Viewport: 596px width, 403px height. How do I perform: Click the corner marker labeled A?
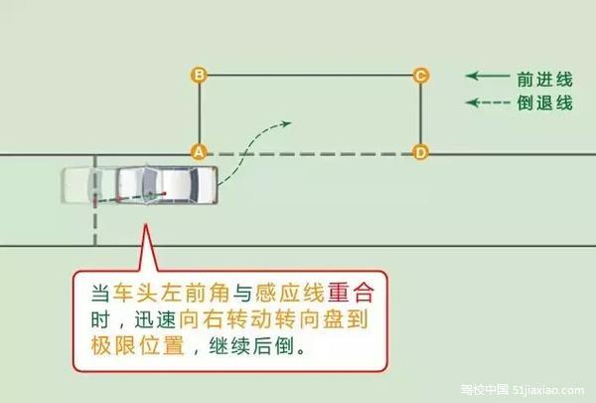point(199,152)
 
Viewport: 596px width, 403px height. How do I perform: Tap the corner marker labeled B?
point(199,75)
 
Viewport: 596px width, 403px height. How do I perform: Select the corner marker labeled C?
point(421,76)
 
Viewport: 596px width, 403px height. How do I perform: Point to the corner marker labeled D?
point(421,153)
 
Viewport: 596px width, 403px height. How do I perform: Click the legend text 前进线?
point(544,80)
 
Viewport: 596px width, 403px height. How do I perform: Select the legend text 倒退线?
point(544,102)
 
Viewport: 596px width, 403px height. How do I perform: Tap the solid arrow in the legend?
point(488,76)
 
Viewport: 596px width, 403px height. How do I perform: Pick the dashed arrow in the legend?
point(488,102)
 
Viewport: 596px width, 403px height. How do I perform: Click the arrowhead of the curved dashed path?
point(286,123)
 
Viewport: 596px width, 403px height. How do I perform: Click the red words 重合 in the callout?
point(352,293)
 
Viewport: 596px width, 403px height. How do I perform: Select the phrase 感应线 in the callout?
point(290,293)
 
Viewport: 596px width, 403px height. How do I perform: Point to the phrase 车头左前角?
point(171,293)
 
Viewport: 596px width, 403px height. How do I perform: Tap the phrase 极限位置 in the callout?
point(137,345)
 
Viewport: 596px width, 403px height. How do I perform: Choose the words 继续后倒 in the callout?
point(251,346)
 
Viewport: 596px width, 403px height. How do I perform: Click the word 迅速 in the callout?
point(155,319)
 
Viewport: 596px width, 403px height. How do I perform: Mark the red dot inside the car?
point(165,193)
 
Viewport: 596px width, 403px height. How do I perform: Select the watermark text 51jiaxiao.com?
point(548,390)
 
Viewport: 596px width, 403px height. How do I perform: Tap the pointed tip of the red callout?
point(145,225)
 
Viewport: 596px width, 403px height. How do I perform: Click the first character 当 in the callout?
point(100,293)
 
